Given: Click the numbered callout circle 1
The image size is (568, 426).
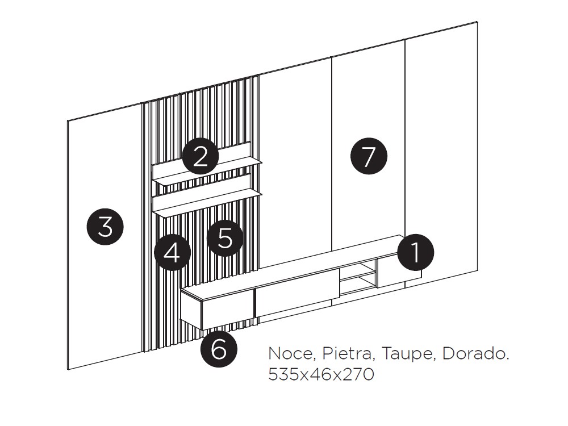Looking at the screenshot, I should coord(415,252).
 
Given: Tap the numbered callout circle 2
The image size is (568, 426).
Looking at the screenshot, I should coord(200,157).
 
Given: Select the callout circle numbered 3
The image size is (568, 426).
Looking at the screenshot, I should coord(105,228).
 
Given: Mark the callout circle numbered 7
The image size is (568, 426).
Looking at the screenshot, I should coord(369,156).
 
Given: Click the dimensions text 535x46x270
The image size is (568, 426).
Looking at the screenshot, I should coord(321,375).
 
